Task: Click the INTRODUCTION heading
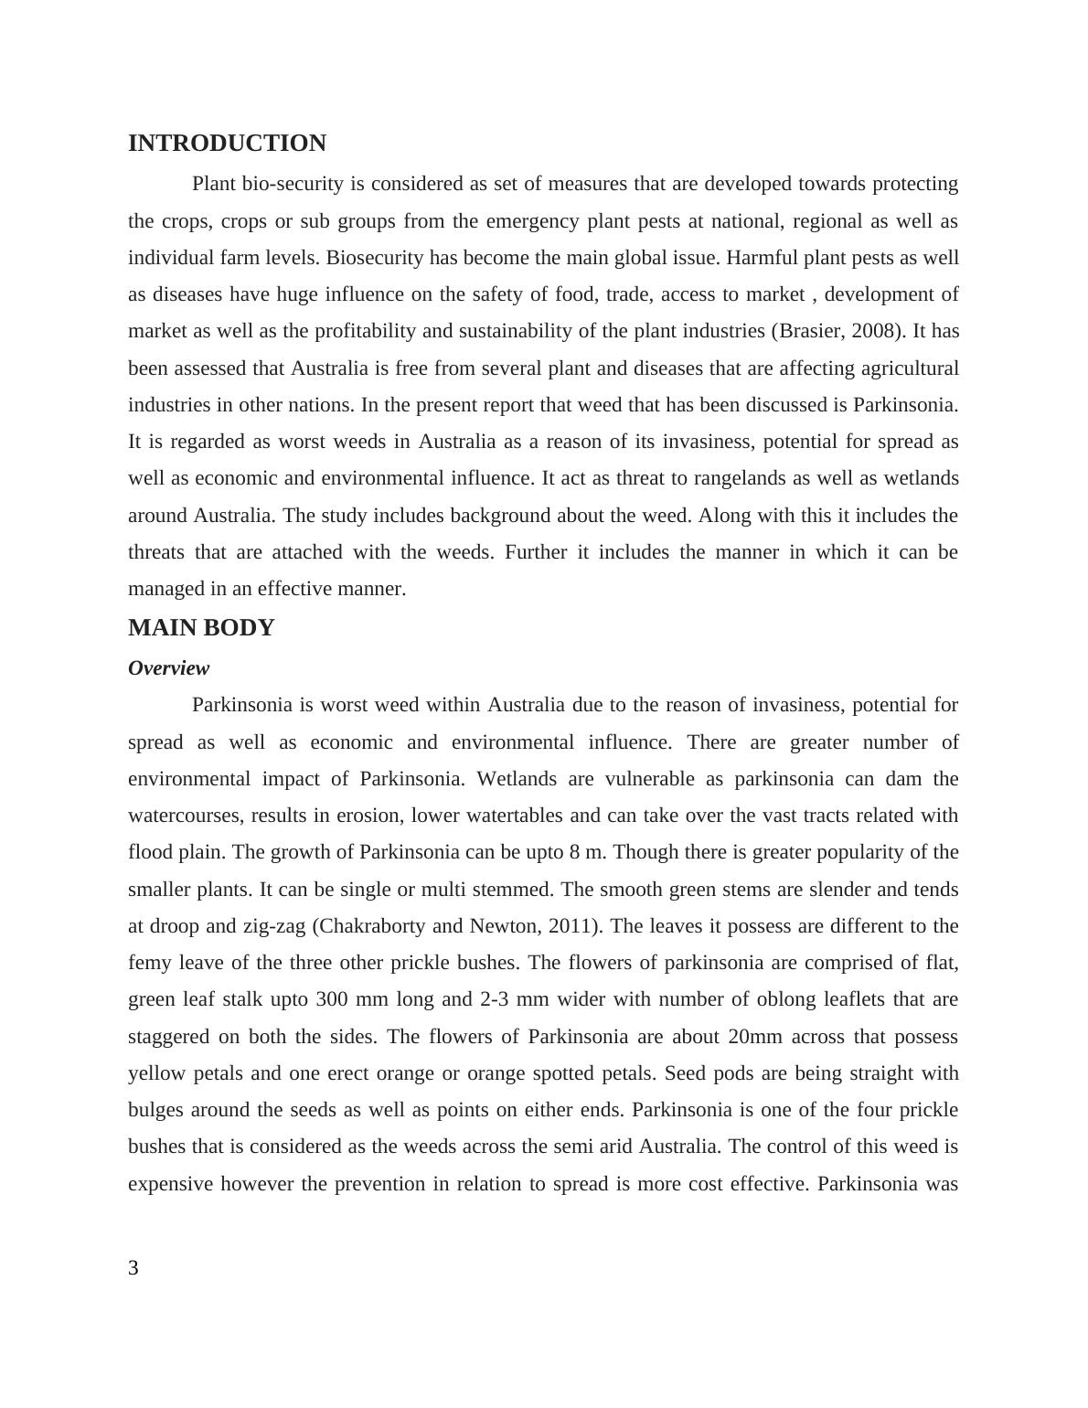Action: click(x=227, y=144)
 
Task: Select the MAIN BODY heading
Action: click(x=201, y=628)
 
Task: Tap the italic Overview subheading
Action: click(x=168, y=668)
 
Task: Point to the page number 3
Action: click(x=133, y=1268)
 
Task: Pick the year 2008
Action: click(x=875, y=331)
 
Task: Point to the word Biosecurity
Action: click(x=375, y=258)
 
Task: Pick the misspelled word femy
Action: click(x=150, y=963)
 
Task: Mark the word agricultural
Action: click(x=896, y=368)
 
